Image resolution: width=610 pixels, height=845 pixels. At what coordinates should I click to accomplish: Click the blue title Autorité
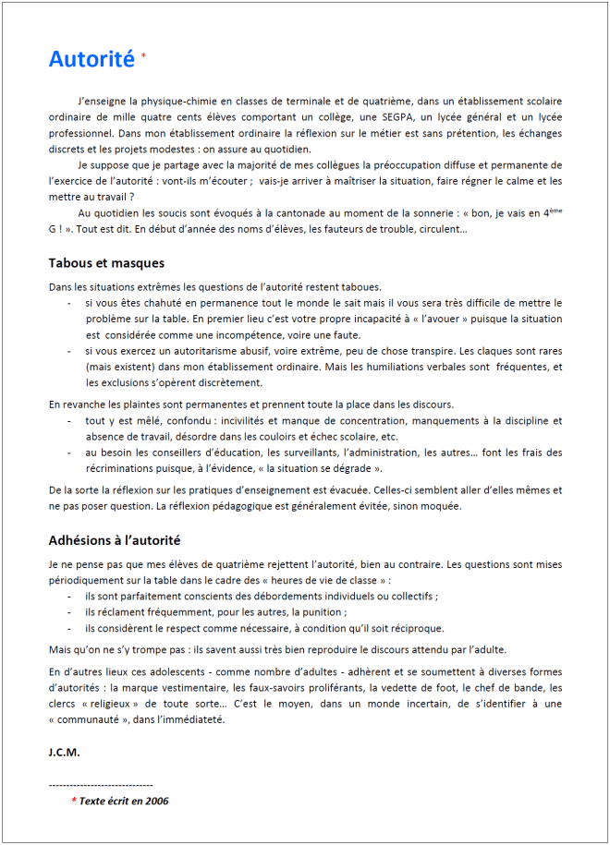91,59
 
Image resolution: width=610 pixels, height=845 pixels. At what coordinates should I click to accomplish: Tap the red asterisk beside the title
143,55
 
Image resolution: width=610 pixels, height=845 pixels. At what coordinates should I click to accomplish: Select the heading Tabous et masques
106,263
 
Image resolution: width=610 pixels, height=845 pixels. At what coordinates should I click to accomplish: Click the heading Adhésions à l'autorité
114,539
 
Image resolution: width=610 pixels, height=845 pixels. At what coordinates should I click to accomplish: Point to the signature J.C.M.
64,752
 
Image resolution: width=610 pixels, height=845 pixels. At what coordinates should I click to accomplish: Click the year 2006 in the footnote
155,801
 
